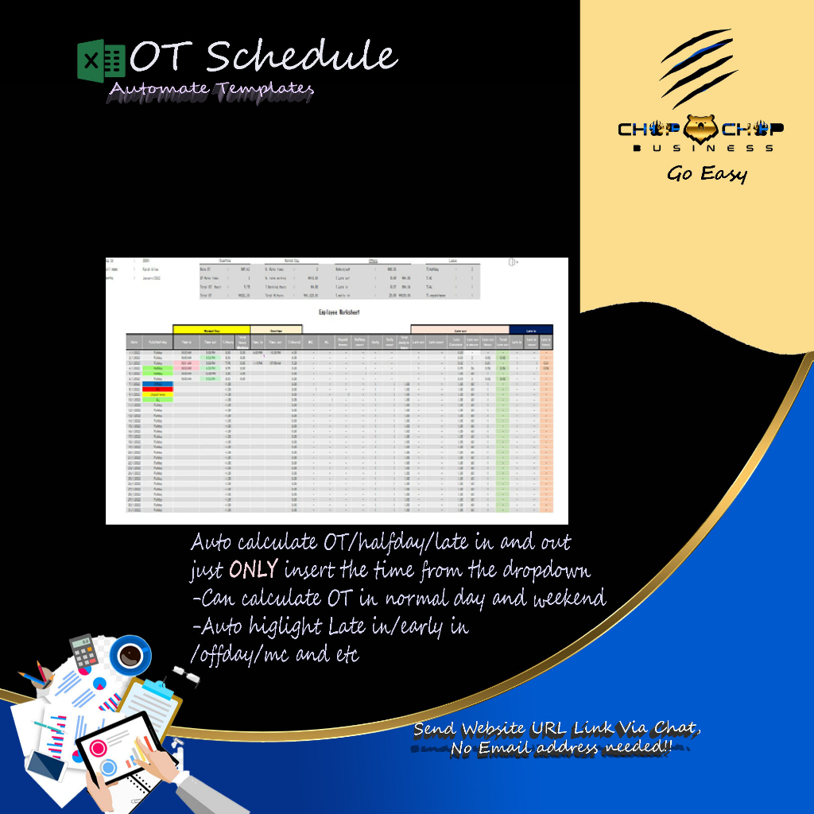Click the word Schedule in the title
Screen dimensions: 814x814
tap(301, 57)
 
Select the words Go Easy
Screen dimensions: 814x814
tap(707, 173)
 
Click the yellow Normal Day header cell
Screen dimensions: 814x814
tap(211, 329)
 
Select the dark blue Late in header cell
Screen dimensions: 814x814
tap(531, 329)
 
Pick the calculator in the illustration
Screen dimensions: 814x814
tap(83, 654)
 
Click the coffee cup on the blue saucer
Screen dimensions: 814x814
tap(128, 654)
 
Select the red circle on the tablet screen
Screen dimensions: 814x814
tap(102, 748)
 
